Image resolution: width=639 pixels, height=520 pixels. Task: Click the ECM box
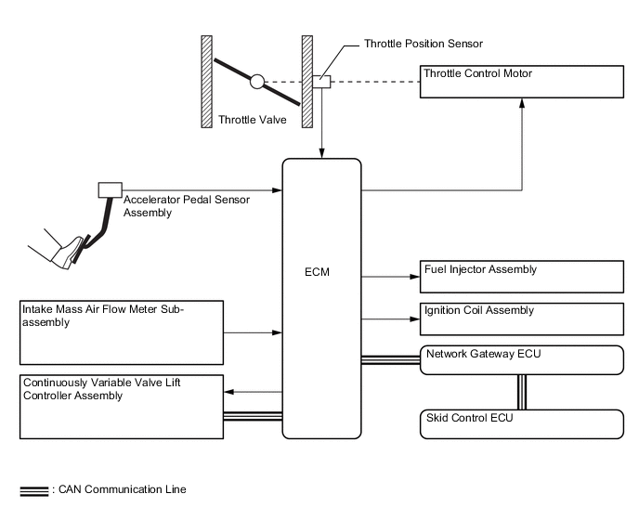[321, 297]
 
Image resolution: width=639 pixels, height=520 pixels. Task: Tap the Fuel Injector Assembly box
[523, 277]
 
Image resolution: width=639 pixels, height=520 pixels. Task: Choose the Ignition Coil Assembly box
[523, 318]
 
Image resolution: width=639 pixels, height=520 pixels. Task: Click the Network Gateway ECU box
[523, 359]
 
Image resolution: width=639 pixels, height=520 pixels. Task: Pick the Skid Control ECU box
[523, 422]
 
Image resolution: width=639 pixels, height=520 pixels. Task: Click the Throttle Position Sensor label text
[423, 44]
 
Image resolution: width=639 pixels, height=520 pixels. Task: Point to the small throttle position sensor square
[321, 82]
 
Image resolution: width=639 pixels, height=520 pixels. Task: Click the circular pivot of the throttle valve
[257, 82]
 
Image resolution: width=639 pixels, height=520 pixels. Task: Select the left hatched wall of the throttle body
[207, 82]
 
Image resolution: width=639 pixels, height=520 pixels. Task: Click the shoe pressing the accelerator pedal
[59, 253]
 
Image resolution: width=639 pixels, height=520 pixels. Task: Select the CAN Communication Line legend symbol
[34, 490]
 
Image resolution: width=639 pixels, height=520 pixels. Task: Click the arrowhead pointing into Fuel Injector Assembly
[414, 276]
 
